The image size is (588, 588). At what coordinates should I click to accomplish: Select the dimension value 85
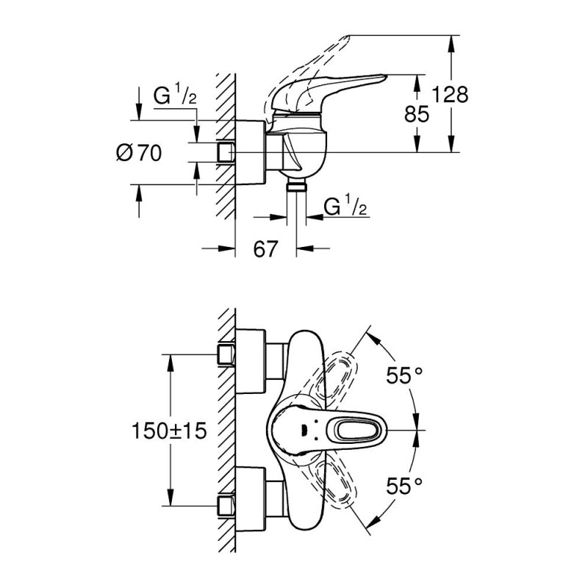[417, 114]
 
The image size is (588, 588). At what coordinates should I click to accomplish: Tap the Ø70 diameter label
[139, 153]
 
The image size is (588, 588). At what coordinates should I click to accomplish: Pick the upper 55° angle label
[405, 376]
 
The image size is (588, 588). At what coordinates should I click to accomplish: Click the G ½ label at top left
[174, 97]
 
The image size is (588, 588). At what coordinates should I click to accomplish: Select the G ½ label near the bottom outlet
[345, 207]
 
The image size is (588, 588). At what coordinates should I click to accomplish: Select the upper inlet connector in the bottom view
[226, 356]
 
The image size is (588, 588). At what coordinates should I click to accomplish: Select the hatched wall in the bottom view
[224, 430]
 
